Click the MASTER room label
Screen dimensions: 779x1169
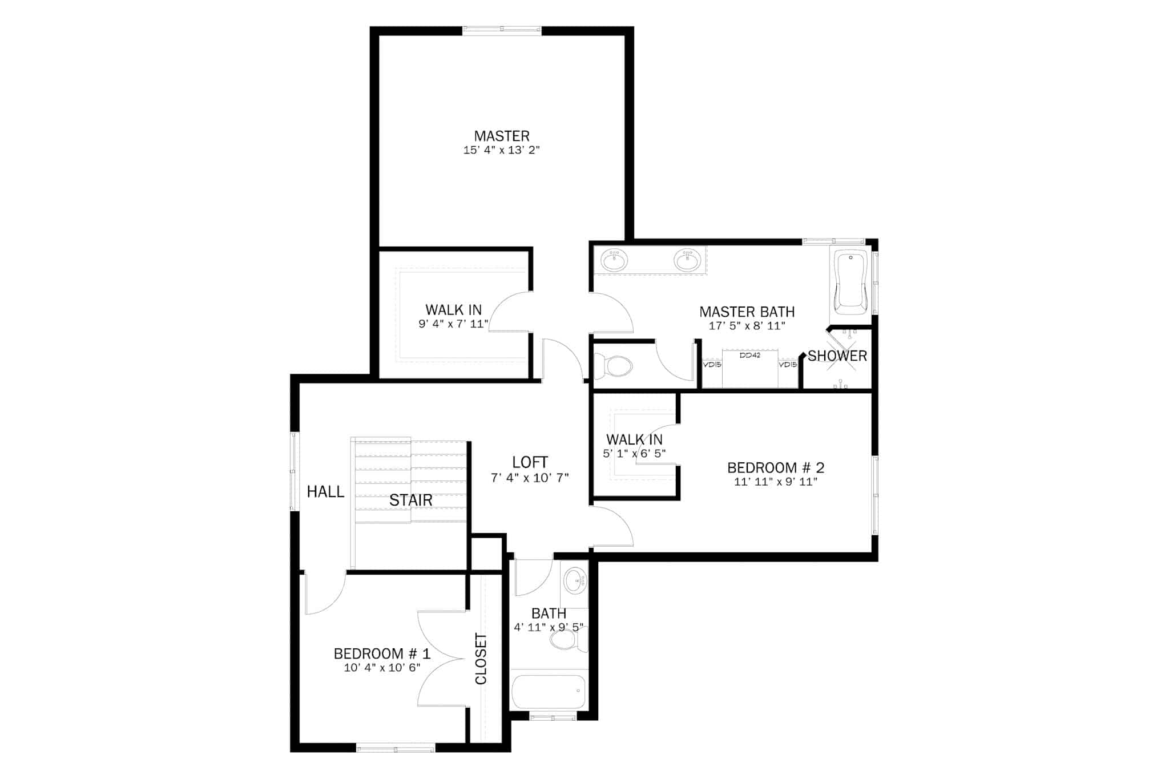click(502, 136)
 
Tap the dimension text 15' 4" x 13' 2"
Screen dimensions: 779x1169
click(502, 150)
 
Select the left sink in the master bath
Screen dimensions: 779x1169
click(614, 260)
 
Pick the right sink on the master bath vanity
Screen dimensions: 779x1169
click(687, 260)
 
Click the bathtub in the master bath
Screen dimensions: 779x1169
click(850, 281)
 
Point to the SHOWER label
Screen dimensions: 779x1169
click(837, 356)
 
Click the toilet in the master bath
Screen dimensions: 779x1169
click(613, 366)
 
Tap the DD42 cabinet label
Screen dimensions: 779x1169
click(749, 355)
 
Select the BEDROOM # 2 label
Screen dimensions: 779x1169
click(776, 468)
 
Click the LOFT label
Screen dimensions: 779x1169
click(530, 462)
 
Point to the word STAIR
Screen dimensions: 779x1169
click(410, 501)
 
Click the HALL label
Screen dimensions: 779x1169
click(325, 491)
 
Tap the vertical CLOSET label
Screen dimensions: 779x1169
click(481, 659)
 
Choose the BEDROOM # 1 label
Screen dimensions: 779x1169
click(382, 653)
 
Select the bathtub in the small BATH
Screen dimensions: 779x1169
click(549, 692)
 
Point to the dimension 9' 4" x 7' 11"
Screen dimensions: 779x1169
click(453, 324)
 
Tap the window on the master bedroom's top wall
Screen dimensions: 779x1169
click(502, 31)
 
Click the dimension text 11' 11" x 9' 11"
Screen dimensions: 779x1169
click(776, 482)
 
